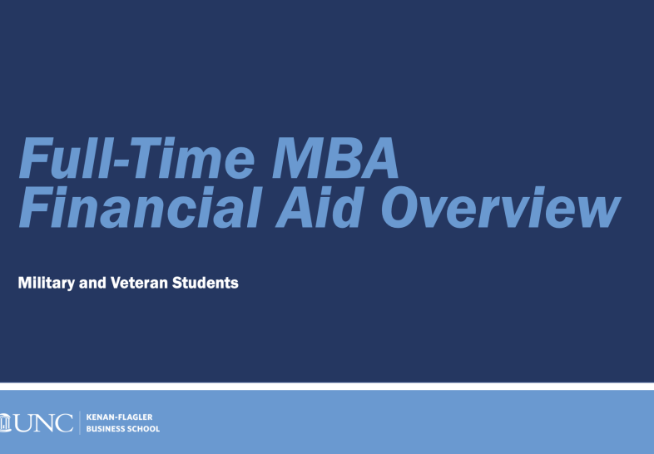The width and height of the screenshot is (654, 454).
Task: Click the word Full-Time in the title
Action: click(x=136, y=158)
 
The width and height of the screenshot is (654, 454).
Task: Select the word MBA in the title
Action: click(x=335, y=158)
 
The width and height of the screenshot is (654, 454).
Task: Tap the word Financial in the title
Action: click(x=141, y=207)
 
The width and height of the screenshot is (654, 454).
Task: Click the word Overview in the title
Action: click(x=502, y=207)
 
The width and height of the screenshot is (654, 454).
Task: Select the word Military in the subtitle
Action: click(x=47, y=283)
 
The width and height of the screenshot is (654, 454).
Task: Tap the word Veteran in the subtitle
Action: click(x=139, y=283)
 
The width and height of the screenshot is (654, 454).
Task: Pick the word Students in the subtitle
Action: click(x=206, y=283)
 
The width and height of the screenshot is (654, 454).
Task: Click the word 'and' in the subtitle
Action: click(x=92, y=283)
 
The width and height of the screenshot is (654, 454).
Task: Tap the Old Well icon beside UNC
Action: click(x=5, y=422)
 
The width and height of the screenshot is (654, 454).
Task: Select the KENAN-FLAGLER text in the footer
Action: click(x=119, y=417)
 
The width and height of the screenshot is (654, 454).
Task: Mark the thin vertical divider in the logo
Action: click(x=80, y=422)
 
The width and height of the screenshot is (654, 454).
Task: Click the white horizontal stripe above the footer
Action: click(x=327, y=386)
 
